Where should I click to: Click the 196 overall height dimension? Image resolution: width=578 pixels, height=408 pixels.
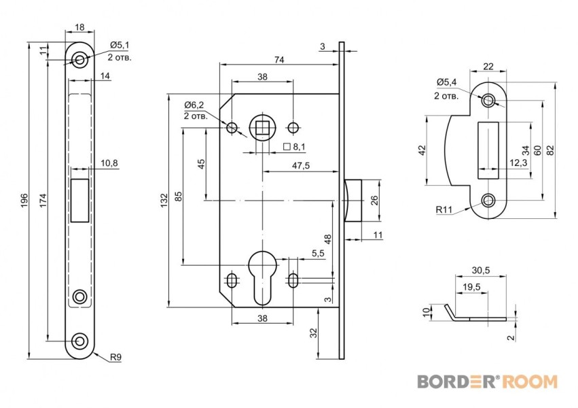click(24, 200)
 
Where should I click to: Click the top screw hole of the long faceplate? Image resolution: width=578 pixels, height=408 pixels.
click(80, 61)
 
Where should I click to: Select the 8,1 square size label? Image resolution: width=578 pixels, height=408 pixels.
click(297, 147)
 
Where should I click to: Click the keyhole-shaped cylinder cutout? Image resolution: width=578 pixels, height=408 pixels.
click(261, 275)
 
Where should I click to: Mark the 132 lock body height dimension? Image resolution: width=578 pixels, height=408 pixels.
click(162, 200)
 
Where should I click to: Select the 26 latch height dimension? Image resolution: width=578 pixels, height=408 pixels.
click(374, 200)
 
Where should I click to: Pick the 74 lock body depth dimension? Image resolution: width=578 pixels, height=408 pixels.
click(278, 60)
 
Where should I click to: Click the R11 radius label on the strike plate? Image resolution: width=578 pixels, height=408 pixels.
click(445, 211)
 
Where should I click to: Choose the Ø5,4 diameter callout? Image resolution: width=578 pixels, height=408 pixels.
click(446, 83)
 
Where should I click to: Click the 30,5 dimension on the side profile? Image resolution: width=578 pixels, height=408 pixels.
click(480, 270)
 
